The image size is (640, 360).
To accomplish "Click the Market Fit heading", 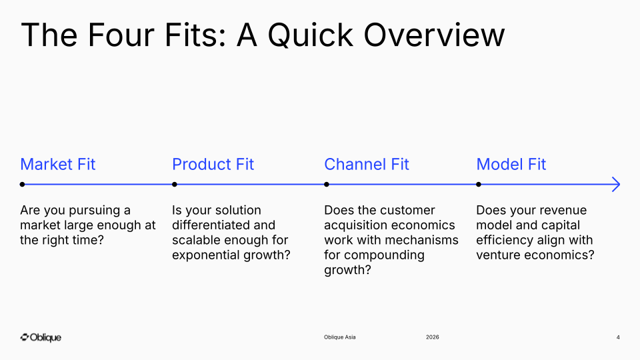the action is [57, 164].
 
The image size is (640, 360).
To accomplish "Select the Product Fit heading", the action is [213, 164].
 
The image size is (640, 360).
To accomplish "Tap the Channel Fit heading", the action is [366, 164].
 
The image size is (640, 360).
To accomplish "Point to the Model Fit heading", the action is [511, 164].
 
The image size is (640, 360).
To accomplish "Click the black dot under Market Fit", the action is [23, 185].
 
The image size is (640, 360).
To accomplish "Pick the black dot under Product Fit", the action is [175, 185].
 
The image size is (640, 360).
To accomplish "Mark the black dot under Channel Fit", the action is [327, 185].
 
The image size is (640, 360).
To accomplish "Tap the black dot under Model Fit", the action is [479, 185].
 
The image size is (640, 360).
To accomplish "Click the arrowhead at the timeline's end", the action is [619, 185].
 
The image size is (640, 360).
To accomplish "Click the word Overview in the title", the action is [434, 35].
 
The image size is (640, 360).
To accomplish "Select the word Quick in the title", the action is [310, 35].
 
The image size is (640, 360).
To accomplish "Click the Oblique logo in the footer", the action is [41, 337].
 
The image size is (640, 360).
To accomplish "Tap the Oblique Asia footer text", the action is [339, 337].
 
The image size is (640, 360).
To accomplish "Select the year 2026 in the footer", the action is [432, 337].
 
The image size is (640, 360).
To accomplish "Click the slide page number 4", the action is [618, 337].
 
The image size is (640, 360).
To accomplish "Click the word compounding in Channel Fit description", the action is [384, 255].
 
